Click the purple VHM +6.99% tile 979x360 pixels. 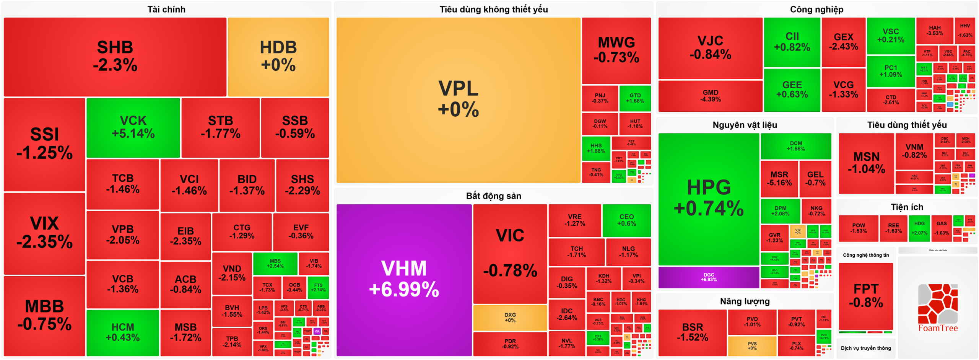(x=404, y=280)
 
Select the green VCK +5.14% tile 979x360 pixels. (x=133, y=127)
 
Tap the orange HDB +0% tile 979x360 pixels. (x=278, y=57)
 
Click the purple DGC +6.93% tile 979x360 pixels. (x=709, y=277)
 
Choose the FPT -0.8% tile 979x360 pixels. (x=866, y=296)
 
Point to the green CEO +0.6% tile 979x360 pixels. (x=626, y=220)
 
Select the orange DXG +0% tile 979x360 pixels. (x=510, y=318)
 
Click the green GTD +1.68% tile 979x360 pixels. (x=635, y=98)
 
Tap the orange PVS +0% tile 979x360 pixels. (x=752, y=346)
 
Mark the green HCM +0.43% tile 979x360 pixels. (x=122, y=332)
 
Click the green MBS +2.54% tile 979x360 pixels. (x=275, y=263)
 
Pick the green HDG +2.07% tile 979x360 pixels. (x=919, y=228)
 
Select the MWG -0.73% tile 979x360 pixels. (x=616, y=50)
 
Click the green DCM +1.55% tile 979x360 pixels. (x=796, y=146)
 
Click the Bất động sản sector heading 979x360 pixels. (x=493, y=196)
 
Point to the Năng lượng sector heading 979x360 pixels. (x=745, y=301)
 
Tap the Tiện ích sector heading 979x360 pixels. (x=907, y=207)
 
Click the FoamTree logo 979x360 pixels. (x=938, y=308)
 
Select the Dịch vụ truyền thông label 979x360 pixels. (x=866, y=348)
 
